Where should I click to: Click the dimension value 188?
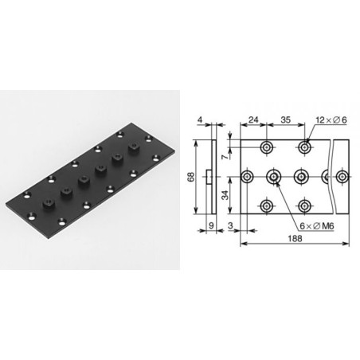pyautogui.click(x=295, y=239)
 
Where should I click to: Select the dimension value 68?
pyautogui.click(x=191, y=177)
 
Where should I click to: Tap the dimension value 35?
pyautogui.click(x=285, y=120)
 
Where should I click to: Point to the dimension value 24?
pyautogui.click(x=253, y=120)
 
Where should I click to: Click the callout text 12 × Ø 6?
pyautogui.click(x=331, y=120)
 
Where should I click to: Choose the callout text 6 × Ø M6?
pyautogui.click(x=317, y=226)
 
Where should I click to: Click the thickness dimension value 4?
pyautogui.click(x=200, y=120)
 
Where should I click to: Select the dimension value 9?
pyautogui.click(x=211, y=225)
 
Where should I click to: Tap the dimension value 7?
pyautogui.click(x=225, y=156)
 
